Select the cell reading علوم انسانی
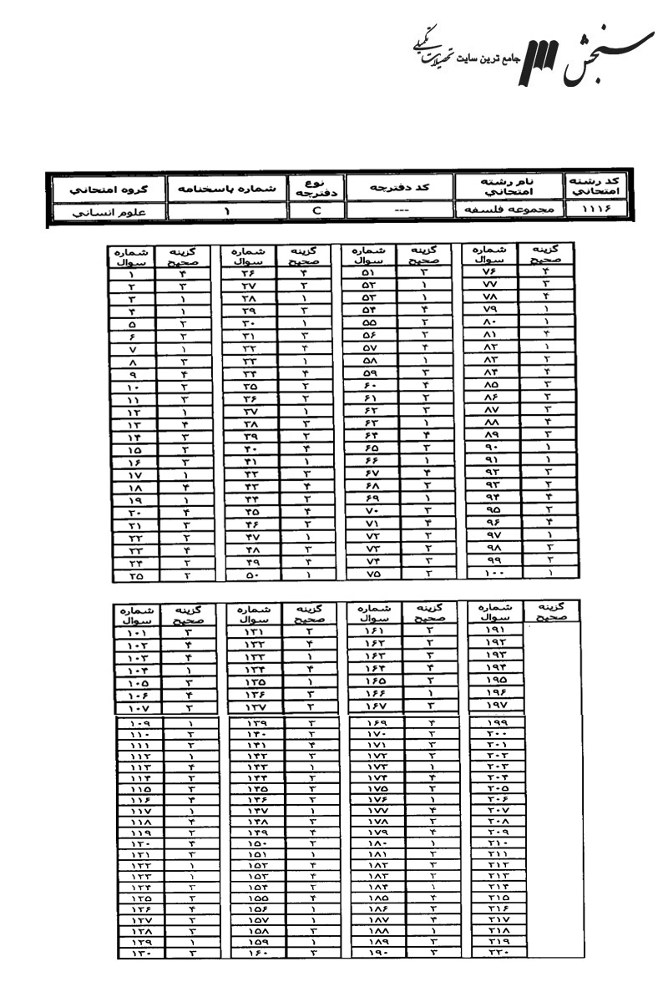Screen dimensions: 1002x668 pyautogui.click(x=104, y=212)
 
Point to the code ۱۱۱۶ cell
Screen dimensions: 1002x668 pyautogui.click(x=590, y=212)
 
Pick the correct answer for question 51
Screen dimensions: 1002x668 pyautogui.click(x=423, y=272)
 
